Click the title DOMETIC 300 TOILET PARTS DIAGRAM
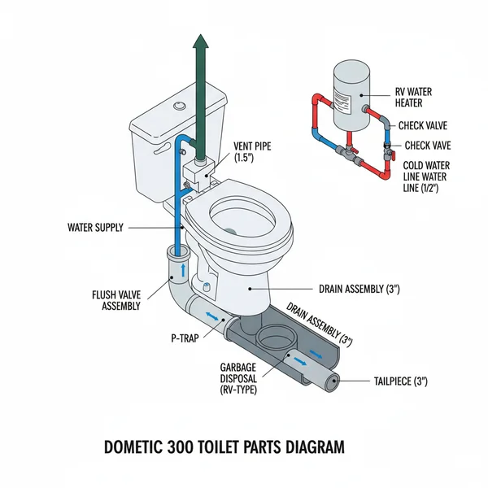(224, 447)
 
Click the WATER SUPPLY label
(94, 228)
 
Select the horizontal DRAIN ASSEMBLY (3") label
(357, 288)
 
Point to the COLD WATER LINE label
(427, 176)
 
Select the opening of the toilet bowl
(243, 216)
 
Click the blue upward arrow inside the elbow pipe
(181, 268)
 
